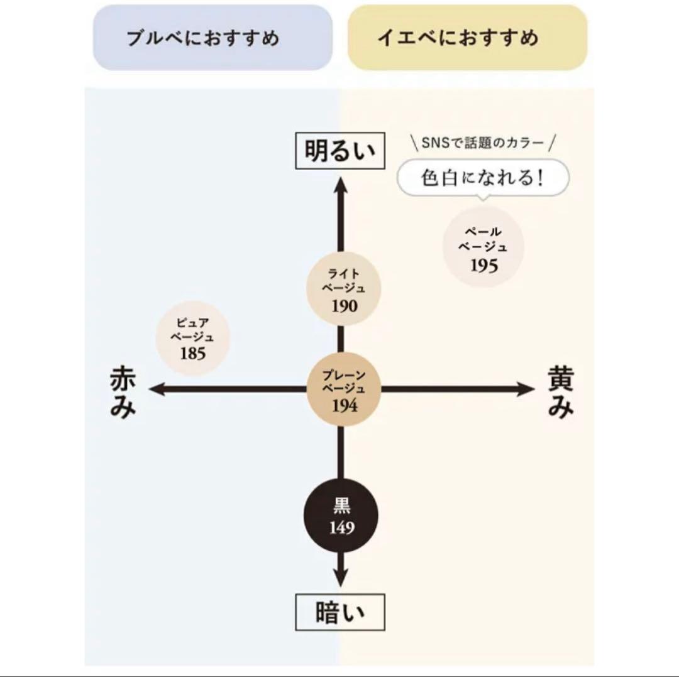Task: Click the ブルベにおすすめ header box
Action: pyautogui.click(x=213, y=38)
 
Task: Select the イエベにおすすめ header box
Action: pyautogui.click(x=467, y=38)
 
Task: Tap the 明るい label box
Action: pyautogui.click(x=340, y=151)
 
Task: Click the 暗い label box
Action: pyautogui.click(x=340, y=612)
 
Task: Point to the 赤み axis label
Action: pyautogui.click(x=123, y=392)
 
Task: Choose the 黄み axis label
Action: pyautogui.click(x=561, y=392)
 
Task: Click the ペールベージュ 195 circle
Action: pyautogui.click(x=483, y=247)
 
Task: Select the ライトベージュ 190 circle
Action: pyautogui.click(x=343, y=288)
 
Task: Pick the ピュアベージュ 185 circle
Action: pyautogui.click(x=193, y=338)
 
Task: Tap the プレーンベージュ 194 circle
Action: pyautogui.click(x=343, y=389)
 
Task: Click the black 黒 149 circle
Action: pyautogui.click(x=341, y=516)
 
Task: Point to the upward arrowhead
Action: pyautogui.click(x=341, y=185)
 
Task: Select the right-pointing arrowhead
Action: pyautogui.click(x=526, y=389)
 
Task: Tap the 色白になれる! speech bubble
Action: pyautogui.click(x=483, y=178)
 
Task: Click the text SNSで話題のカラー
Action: pyautogui.click(x=482, y=143)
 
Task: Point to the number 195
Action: pyautogui.click(x=483, y=266)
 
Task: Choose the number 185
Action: pyautogui.click(x=193, y=354)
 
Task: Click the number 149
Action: pyautogui.click(x=341, y=528)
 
